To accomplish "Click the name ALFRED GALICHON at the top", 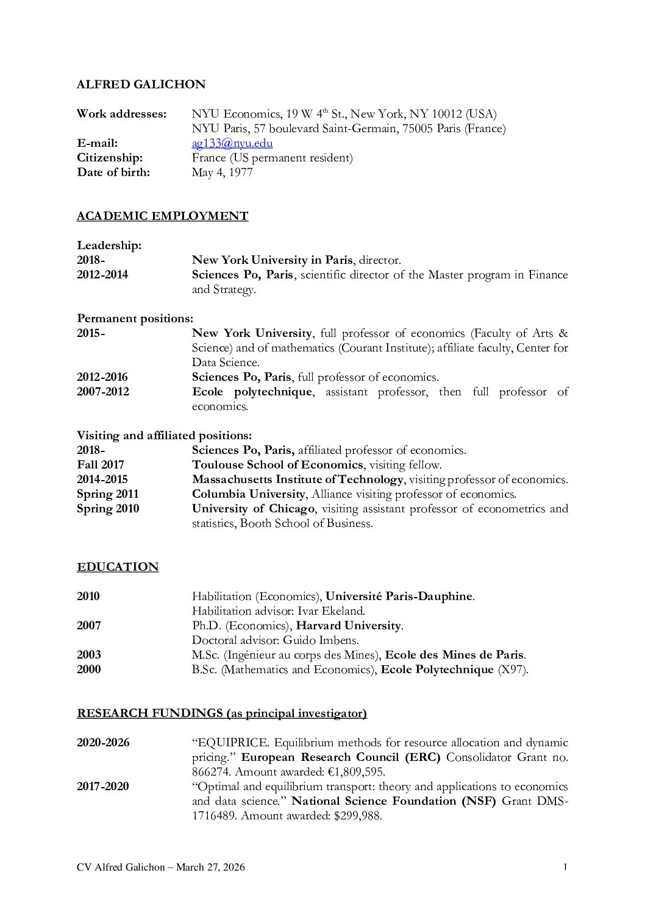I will point(141,85).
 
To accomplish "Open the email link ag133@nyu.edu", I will point(232,143).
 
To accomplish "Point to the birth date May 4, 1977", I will point(222,172).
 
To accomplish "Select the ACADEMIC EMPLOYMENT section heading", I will point(162,216).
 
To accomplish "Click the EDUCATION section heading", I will point(118,567).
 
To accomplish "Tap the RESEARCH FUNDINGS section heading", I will point(221,713).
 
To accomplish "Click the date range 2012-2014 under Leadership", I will point(102,275).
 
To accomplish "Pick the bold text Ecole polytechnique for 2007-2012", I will point(251,392).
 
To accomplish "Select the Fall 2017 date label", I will point(100,465).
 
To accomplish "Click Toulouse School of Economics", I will point(277,465).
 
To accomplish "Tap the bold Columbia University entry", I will point(248,494).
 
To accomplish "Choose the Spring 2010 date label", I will point(108,509).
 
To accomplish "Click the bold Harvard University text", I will point(348,626).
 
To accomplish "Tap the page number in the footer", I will point(565,866).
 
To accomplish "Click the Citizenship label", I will point(110,158).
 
